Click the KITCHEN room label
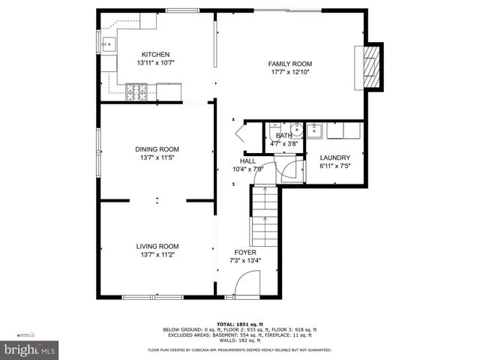point(156,55)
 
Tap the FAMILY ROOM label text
point(290,64)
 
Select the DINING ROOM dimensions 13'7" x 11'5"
point(157,157)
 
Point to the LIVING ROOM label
point(157,247)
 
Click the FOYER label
point(245,253)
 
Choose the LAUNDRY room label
point(334,157)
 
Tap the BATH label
point(283,135)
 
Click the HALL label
point(247,161)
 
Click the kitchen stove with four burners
point(138,92)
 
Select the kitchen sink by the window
point(109,43)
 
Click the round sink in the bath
point(296,127)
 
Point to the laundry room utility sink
point(316,131)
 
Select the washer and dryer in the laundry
point(343,131)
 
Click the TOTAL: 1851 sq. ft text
point(240,323)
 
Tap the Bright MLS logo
point(30,349)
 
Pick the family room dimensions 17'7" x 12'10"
point(290,73)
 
